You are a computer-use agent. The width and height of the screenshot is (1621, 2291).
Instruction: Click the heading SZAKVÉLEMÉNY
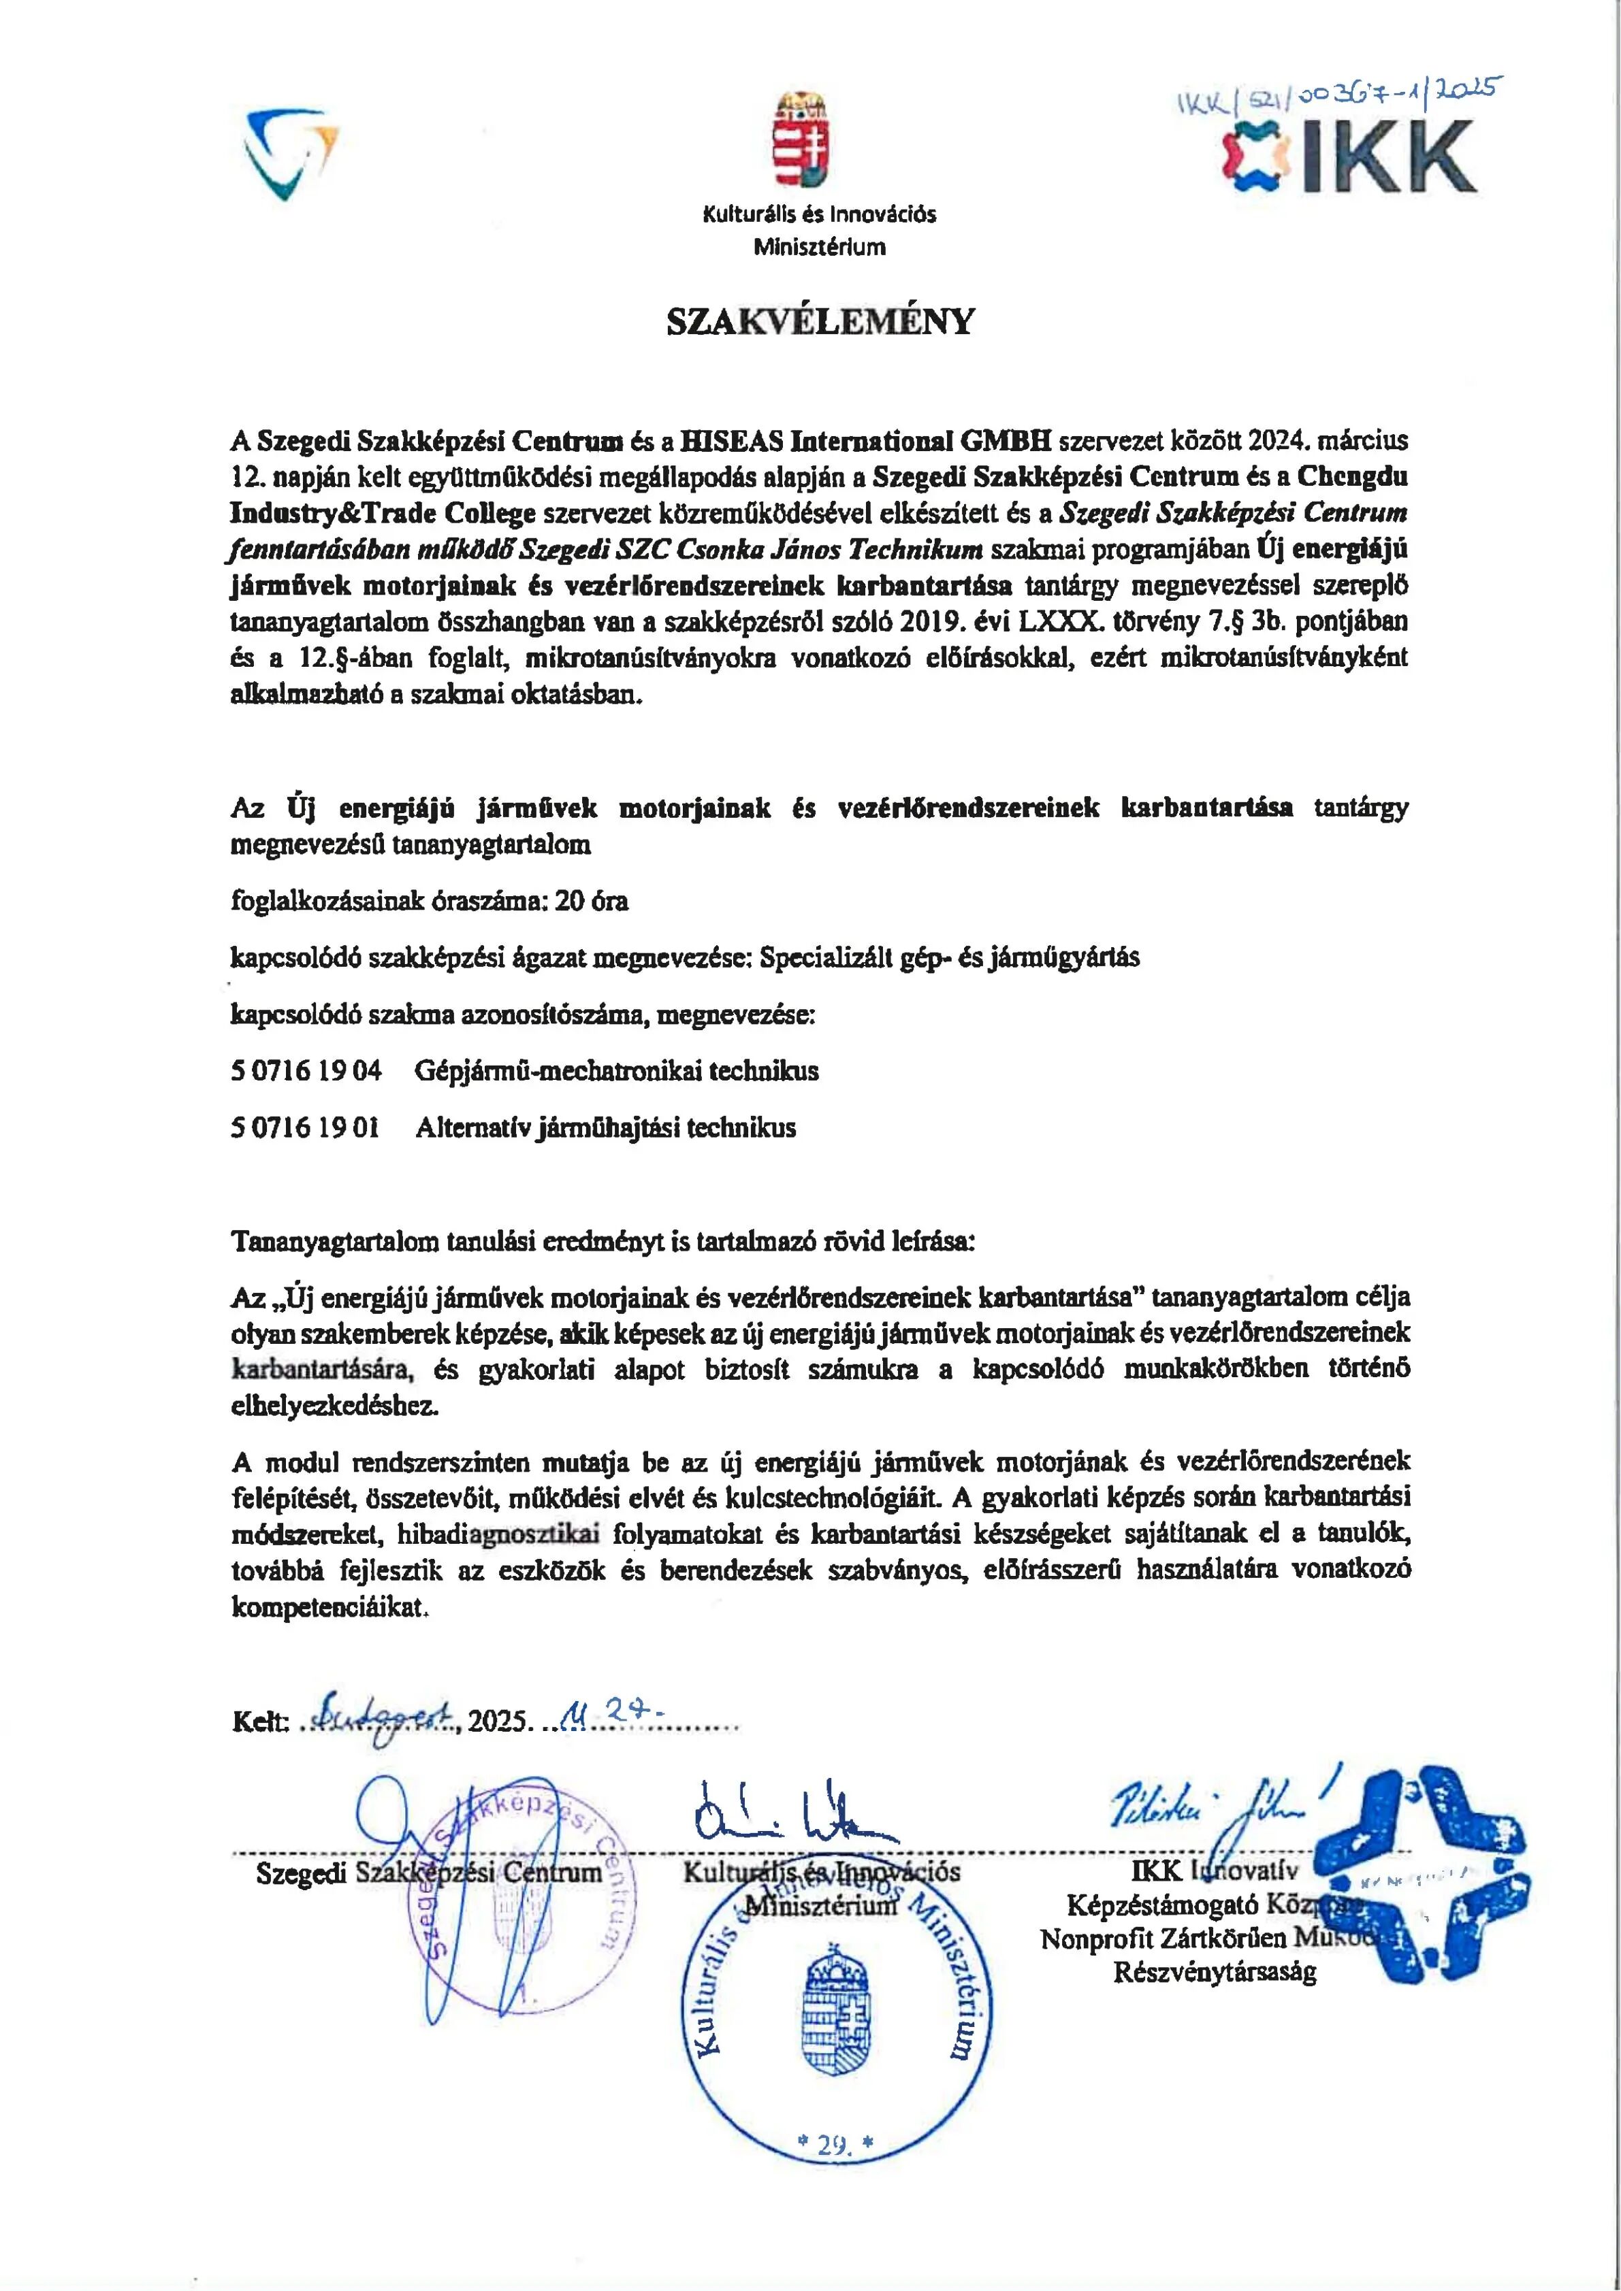point(820,321)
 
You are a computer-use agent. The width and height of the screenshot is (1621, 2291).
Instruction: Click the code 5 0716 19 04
point(306,1072)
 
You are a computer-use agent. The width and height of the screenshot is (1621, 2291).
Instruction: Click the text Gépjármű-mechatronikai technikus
point(617,1072)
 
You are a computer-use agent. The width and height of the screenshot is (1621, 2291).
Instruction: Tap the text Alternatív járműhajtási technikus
point(606,1129)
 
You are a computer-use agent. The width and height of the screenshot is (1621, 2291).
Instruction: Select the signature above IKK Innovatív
point(1213,1811)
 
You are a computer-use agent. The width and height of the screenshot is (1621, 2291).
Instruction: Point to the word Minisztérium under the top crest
point(820,248)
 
